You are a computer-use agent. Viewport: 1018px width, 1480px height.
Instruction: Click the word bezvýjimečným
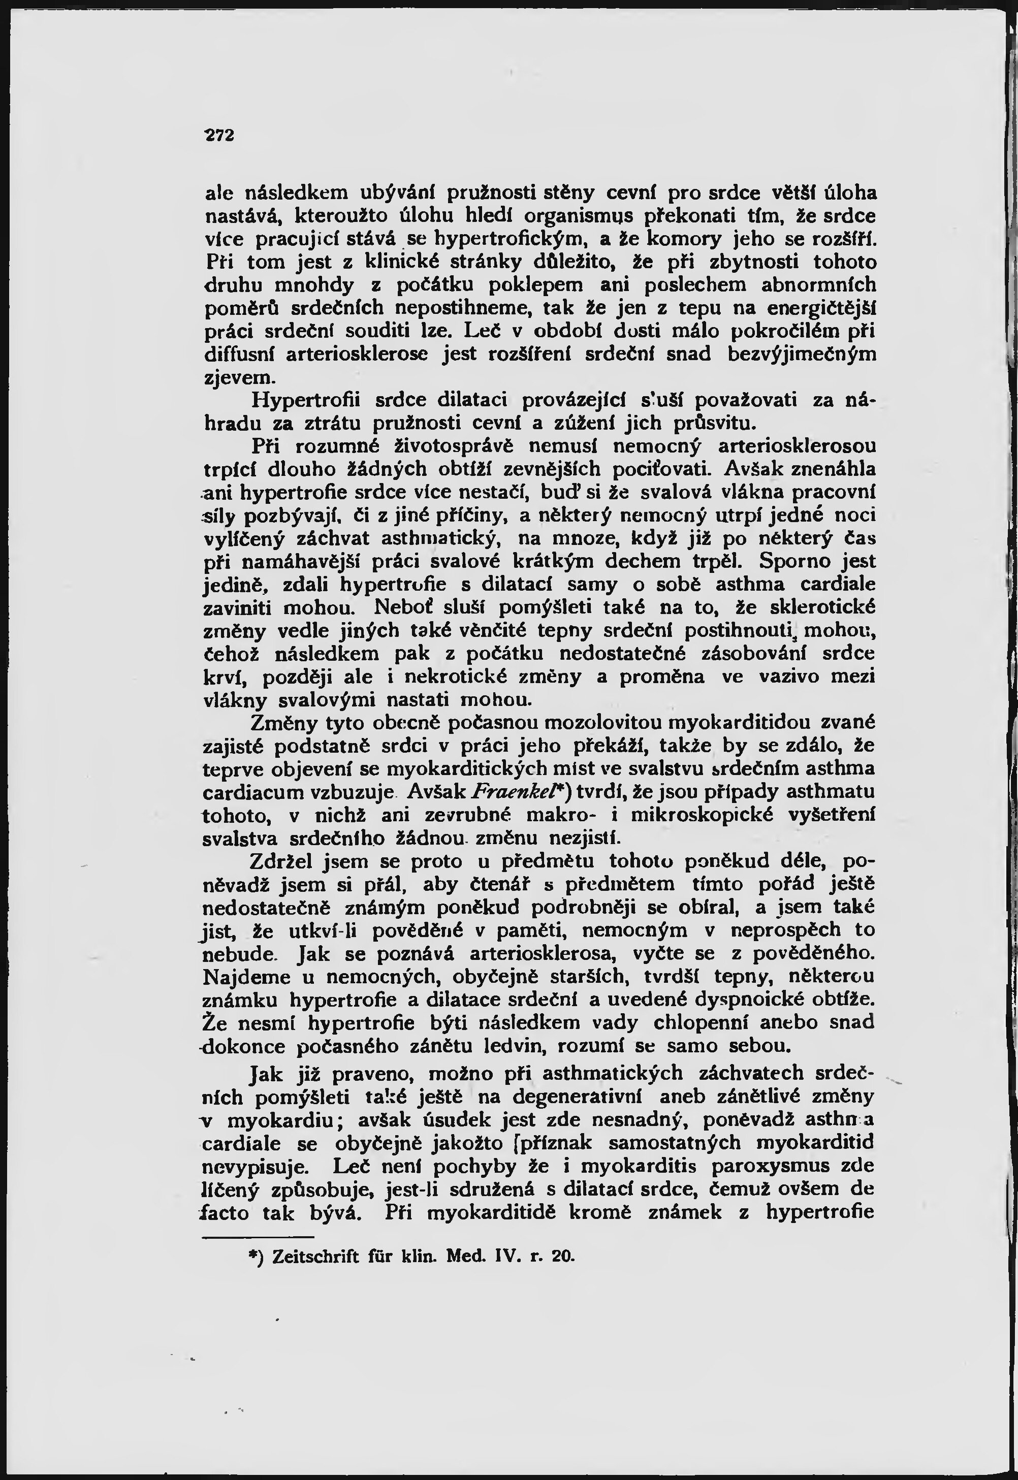(x=802, y=354)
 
